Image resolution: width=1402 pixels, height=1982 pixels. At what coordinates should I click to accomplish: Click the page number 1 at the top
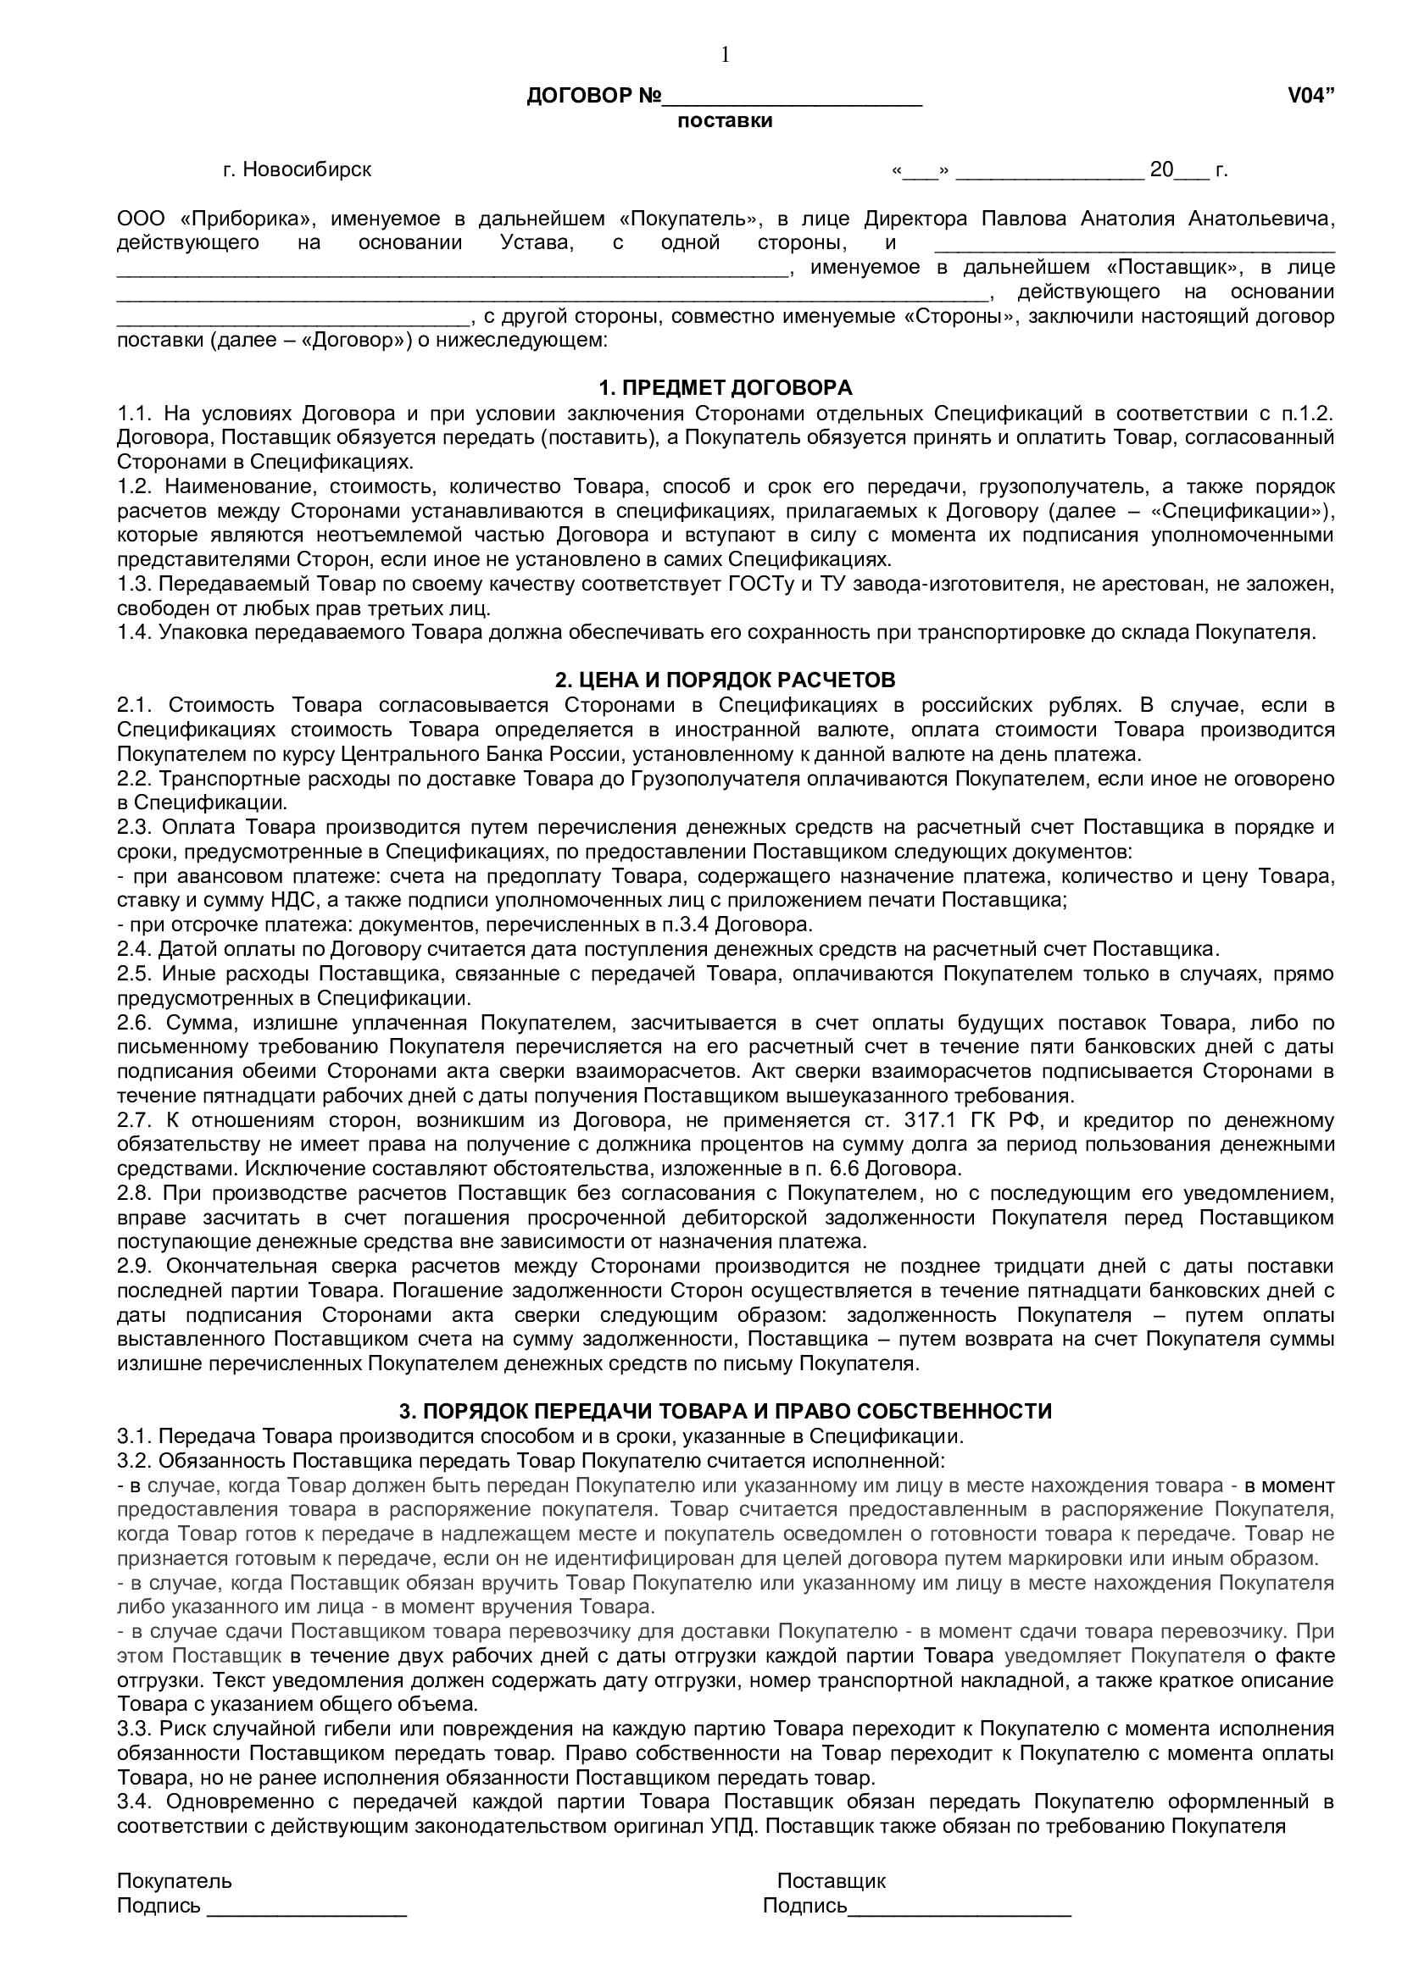[726, 55]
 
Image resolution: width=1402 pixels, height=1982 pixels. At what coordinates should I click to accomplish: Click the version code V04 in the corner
[1310, 97]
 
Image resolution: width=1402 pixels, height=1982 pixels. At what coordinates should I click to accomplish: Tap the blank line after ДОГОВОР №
[792, 98]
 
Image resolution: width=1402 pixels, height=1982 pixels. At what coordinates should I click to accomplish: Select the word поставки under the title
[726, 121]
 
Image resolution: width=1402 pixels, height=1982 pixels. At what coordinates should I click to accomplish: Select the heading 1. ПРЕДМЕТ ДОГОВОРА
[726, 387]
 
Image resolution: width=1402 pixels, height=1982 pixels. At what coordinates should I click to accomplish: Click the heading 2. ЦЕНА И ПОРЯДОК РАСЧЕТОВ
[726, 680]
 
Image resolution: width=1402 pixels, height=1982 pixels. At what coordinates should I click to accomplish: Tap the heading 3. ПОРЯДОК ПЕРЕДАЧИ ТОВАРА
[726, 1412]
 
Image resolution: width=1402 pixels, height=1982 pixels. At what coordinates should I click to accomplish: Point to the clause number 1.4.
[134, 632]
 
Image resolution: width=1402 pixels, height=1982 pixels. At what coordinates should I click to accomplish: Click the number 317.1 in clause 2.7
[960, 1120]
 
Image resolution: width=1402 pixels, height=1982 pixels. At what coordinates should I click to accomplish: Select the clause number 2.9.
[134, 1266]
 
